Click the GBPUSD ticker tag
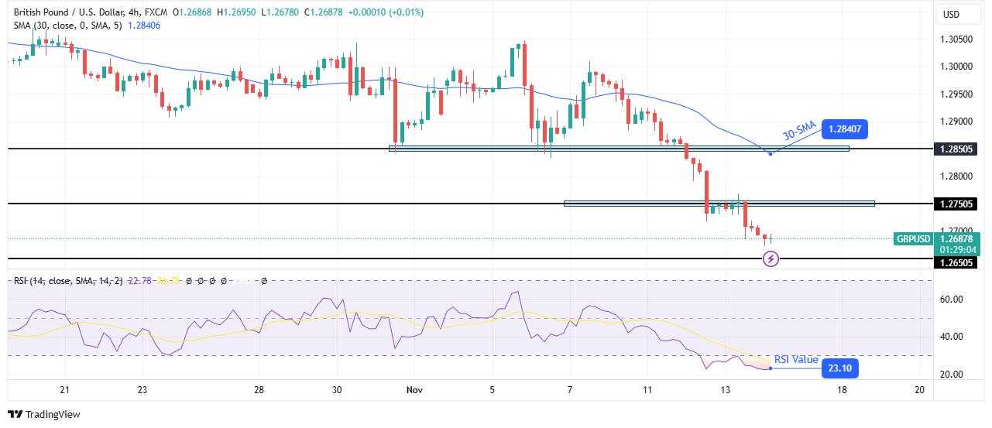[913, 239]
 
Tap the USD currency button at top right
[950, 14]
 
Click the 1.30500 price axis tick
[955, 39]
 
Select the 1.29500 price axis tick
[955, 94]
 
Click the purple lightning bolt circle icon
[771, 259]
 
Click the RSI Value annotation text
[796, 359]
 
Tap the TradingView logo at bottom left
[44, 414]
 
